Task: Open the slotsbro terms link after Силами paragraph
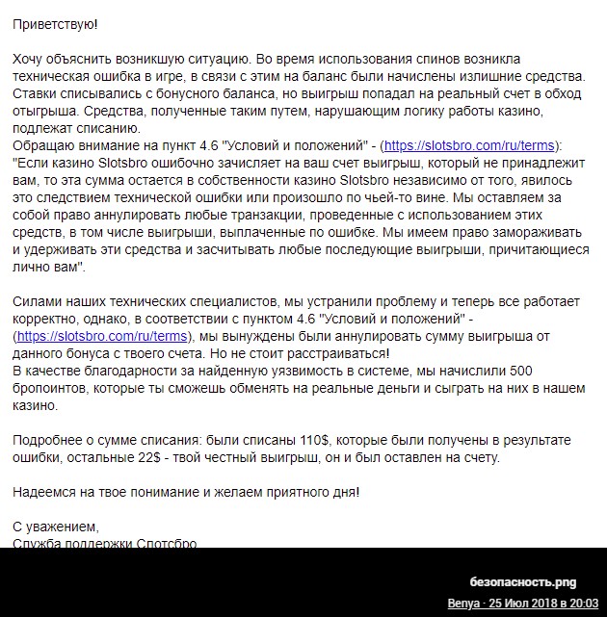[101, 337]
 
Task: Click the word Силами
[39, 302]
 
